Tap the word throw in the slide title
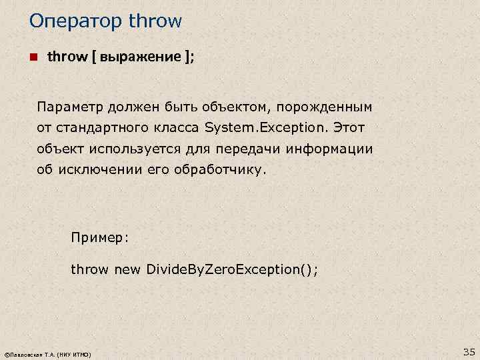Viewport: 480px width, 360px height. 155,21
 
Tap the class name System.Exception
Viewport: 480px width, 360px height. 267,127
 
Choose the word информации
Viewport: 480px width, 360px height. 329,148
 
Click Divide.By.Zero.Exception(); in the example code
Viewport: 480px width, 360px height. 232,269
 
